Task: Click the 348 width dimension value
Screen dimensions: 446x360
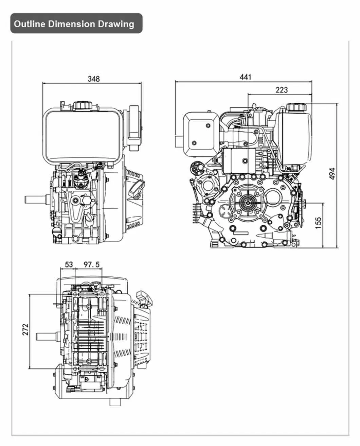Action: (94, 79)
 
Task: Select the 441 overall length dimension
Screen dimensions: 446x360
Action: (245, 77)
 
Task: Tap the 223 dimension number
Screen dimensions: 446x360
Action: (281, 90)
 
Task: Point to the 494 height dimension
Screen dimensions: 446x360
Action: (332, 174)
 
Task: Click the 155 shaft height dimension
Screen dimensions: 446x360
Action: (318, 223)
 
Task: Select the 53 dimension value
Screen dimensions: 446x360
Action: (69, 264)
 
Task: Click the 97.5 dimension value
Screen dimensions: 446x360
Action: (91, 264)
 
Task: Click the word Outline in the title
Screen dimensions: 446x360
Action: (30, 24)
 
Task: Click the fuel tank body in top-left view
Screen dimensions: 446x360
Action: (82, 136)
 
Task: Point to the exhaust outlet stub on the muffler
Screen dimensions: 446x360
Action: (179, 140)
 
